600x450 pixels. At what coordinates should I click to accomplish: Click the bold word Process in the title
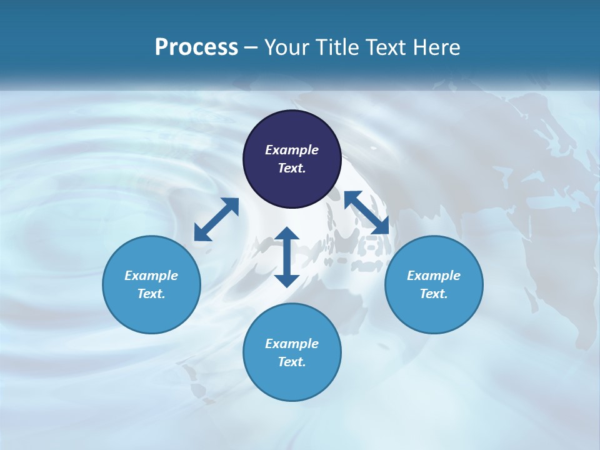pyautogui.click(x=196, y=47)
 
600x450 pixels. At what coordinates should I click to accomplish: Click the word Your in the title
pyautogui.click(x=287, y=47)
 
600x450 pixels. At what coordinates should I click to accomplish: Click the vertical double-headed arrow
pyautogui.click(x=287, y=257)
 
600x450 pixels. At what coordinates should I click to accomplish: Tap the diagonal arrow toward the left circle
pyautogui.click(x=216, y=219)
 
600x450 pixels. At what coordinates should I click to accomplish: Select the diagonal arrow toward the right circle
pyautogui.click(x=366, y=212)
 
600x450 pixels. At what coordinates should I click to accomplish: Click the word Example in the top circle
pyautogui.click(x=292, y=150)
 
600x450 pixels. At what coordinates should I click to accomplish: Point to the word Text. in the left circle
pyautogui.click(x=151, y=294)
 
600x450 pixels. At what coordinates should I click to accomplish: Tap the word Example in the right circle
pyautogui.click(x=434, y=276)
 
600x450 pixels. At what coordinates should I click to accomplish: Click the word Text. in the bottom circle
pyautogui.click(x=292, y=362)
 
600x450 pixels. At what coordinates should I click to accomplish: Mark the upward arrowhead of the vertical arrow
pyautogui.click(x=287, y=235)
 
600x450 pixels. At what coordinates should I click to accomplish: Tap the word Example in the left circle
pyautogui.click(x=151, y=276)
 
